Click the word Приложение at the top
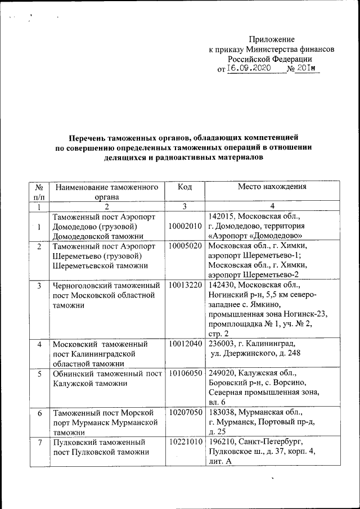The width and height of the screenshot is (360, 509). pos(272,39)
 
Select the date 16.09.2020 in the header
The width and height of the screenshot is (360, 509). pos(248,68)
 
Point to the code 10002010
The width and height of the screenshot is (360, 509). pos(184,226)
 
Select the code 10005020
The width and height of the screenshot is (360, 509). pos(184,246)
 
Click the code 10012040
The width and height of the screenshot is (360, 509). pos(184,344)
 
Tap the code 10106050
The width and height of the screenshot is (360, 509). pos(184,373)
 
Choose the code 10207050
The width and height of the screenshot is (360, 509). pos(184,413)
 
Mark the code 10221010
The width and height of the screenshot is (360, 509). pos(184,442)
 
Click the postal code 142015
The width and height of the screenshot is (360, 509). pos(220,216)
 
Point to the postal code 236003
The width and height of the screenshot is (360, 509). pos(220,344)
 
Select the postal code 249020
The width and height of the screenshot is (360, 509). pos(220,373)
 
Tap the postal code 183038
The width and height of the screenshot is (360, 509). pos(220,413)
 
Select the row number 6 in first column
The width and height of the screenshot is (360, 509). pos(39,413)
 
